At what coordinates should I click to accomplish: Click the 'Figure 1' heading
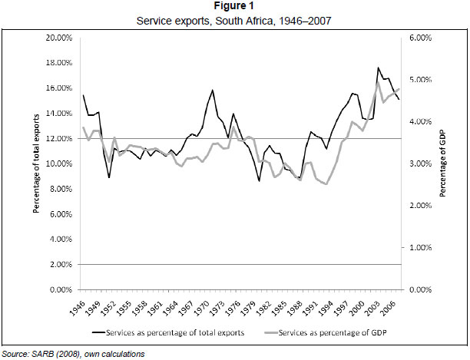pos(234,7)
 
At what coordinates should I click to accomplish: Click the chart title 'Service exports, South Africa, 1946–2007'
pos(234,20)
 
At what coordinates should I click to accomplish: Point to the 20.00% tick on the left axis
pos(58,38)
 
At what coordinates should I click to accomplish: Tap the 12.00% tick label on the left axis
pos(58,139)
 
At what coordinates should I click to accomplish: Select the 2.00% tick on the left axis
pos(60,265)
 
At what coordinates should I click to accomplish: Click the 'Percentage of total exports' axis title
pos(36,163)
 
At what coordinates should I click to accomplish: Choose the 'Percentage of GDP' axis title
pos(442,163)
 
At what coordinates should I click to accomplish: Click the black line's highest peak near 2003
pos(379,68)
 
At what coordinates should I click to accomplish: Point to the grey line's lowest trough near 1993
pos(327,184)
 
